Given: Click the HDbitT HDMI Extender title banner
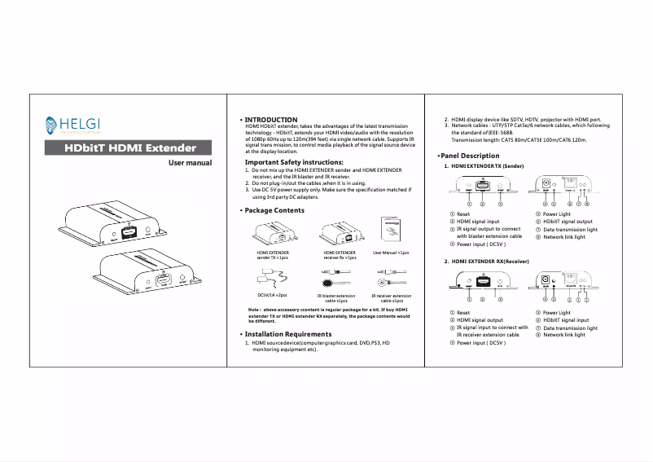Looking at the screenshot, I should (129, 147).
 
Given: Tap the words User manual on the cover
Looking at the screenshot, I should (190, 163).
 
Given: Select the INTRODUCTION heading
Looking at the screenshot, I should (271, 119).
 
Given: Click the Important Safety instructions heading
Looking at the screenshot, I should (293, 162).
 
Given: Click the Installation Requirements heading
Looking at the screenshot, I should (287, 334).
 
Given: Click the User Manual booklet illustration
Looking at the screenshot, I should (391, 231).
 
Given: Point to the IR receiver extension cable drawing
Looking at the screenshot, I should (389, 277).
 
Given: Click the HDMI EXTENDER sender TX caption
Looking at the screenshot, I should (272, 255).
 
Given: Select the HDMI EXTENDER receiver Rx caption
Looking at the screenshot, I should (340, 255).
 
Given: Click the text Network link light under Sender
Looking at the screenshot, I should (564, 237).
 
